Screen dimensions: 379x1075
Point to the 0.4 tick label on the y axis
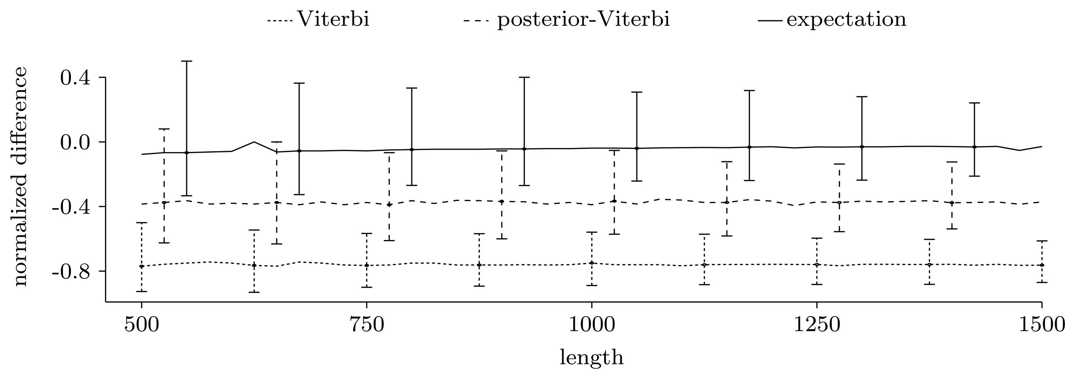tap(76, 78)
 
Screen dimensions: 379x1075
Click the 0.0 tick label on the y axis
tap(76, 143)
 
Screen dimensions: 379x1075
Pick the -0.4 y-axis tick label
tap(71, 207)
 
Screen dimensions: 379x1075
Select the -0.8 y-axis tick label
tap(71, 272)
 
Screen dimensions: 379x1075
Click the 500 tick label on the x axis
tap(142, 325)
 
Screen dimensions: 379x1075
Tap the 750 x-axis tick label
tap(367, 325)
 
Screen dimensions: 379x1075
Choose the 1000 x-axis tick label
tap(592, 325)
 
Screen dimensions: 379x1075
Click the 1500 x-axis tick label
tap(1042, 325)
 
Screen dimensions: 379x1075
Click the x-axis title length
tap(591, 358)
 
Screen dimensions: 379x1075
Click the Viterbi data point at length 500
tap(142, 266)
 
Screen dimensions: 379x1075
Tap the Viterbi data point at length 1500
tap(1042, 266)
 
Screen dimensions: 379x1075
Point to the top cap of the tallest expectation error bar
tap(187, 61)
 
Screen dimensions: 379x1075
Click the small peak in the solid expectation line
tap(254, 141)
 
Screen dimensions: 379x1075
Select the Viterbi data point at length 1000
tap(592, 263)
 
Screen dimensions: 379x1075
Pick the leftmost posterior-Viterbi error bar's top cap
tap(164, 129)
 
